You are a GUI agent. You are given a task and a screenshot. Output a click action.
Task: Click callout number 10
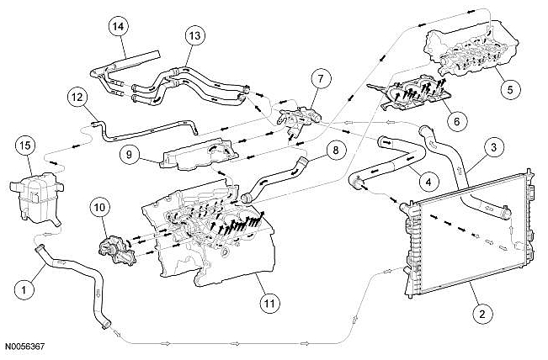[100, 205]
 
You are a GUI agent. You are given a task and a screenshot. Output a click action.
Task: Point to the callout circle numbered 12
[77, 98]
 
